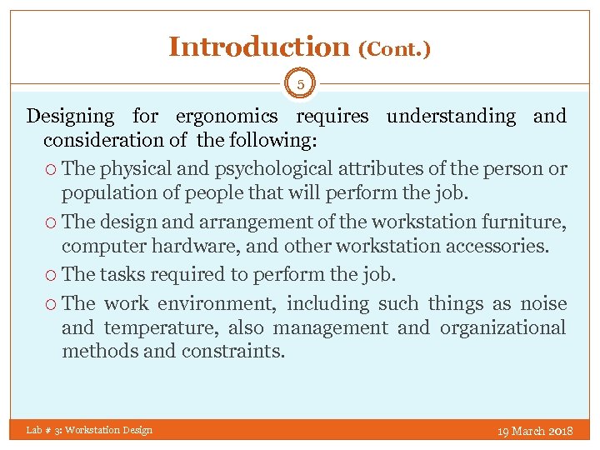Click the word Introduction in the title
[259, 47]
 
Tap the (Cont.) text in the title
[394, 50]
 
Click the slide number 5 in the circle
[300, 82]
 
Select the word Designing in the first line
[70, 117]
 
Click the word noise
[543, 303]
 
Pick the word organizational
[502, 327]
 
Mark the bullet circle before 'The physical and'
[51, 169]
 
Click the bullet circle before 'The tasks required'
[51, 275]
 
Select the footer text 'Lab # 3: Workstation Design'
[89, 430]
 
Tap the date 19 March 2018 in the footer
[534, 431]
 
